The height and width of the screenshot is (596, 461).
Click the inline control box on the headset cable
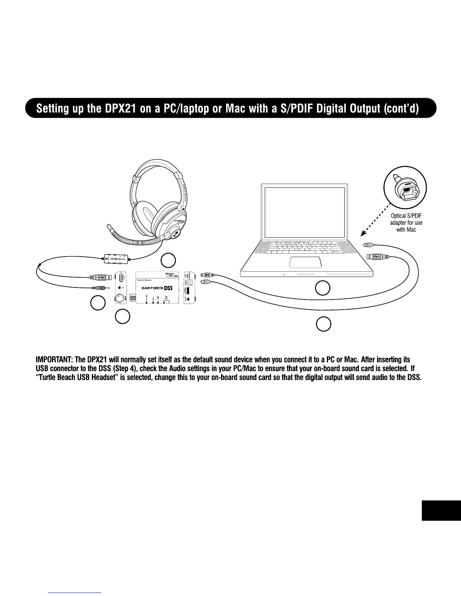117,259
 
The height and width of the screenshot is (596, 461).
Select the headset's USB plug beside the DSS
100,277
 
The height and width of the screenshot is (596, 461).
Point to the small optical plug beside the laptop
368,245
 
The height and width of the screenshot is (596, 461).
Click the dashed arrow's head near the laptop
361,233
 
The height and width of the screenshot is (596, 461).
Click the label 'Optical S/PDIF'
406,216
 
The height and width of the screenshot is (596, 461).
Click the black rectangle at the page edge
441,510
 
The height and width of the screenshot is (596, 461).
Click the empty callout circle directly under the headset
169,260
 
